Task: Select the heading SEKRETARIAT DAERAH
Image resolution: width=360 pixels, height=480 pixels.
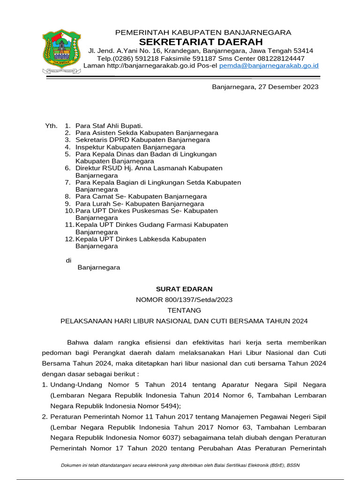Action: point(203,42)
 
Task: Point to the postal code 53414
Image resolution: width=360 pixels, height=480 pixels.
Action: point(303,51)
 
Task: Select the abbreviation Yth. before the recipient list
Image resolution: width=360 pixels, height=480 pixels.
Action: point(51,126)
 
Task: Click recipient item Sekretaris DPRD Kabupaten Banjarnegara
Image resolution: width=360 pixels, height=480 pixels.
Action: point(142,140)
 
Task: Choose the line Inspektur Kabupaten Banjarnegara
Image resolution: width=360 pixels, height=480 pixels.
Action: point(130,147)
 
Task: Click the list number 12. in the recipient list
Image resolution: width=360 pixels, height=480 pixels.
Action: point(70,239)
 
